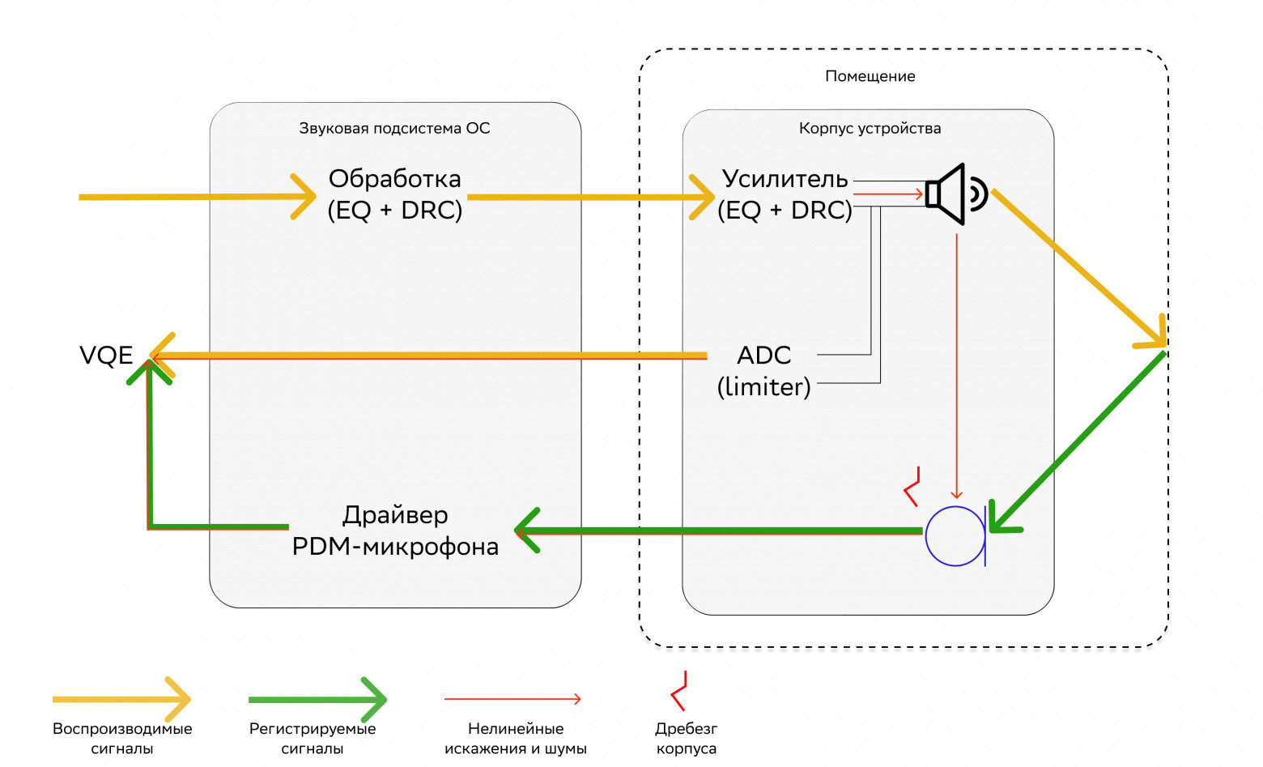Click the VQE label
[106, 356]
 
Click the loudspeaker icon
[955, 194]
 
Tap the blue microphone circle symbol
[955, 536]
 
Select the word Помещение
[870, 76]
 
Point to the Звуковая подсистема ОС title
[394, 128]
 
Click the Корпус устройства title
[870, 128]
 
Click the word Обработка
[394, 179]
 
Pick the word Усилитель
[785, 179]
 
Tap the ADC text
[763, 356]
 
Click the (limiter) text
[763, 387]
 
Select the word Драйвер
[394, 515]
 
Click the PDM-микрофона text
[394, 547]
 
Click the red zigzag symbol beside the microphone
[912, 487]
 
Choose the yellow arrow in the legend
[121, 699]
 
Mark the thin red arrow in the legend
[512, 699]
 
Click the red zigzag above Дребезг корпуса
[679, 691]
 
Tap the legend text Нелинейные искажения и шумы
[515, 739]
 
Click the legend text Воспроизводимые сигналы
[122, 739]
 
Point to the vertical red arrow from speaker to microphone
[957, 364]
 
